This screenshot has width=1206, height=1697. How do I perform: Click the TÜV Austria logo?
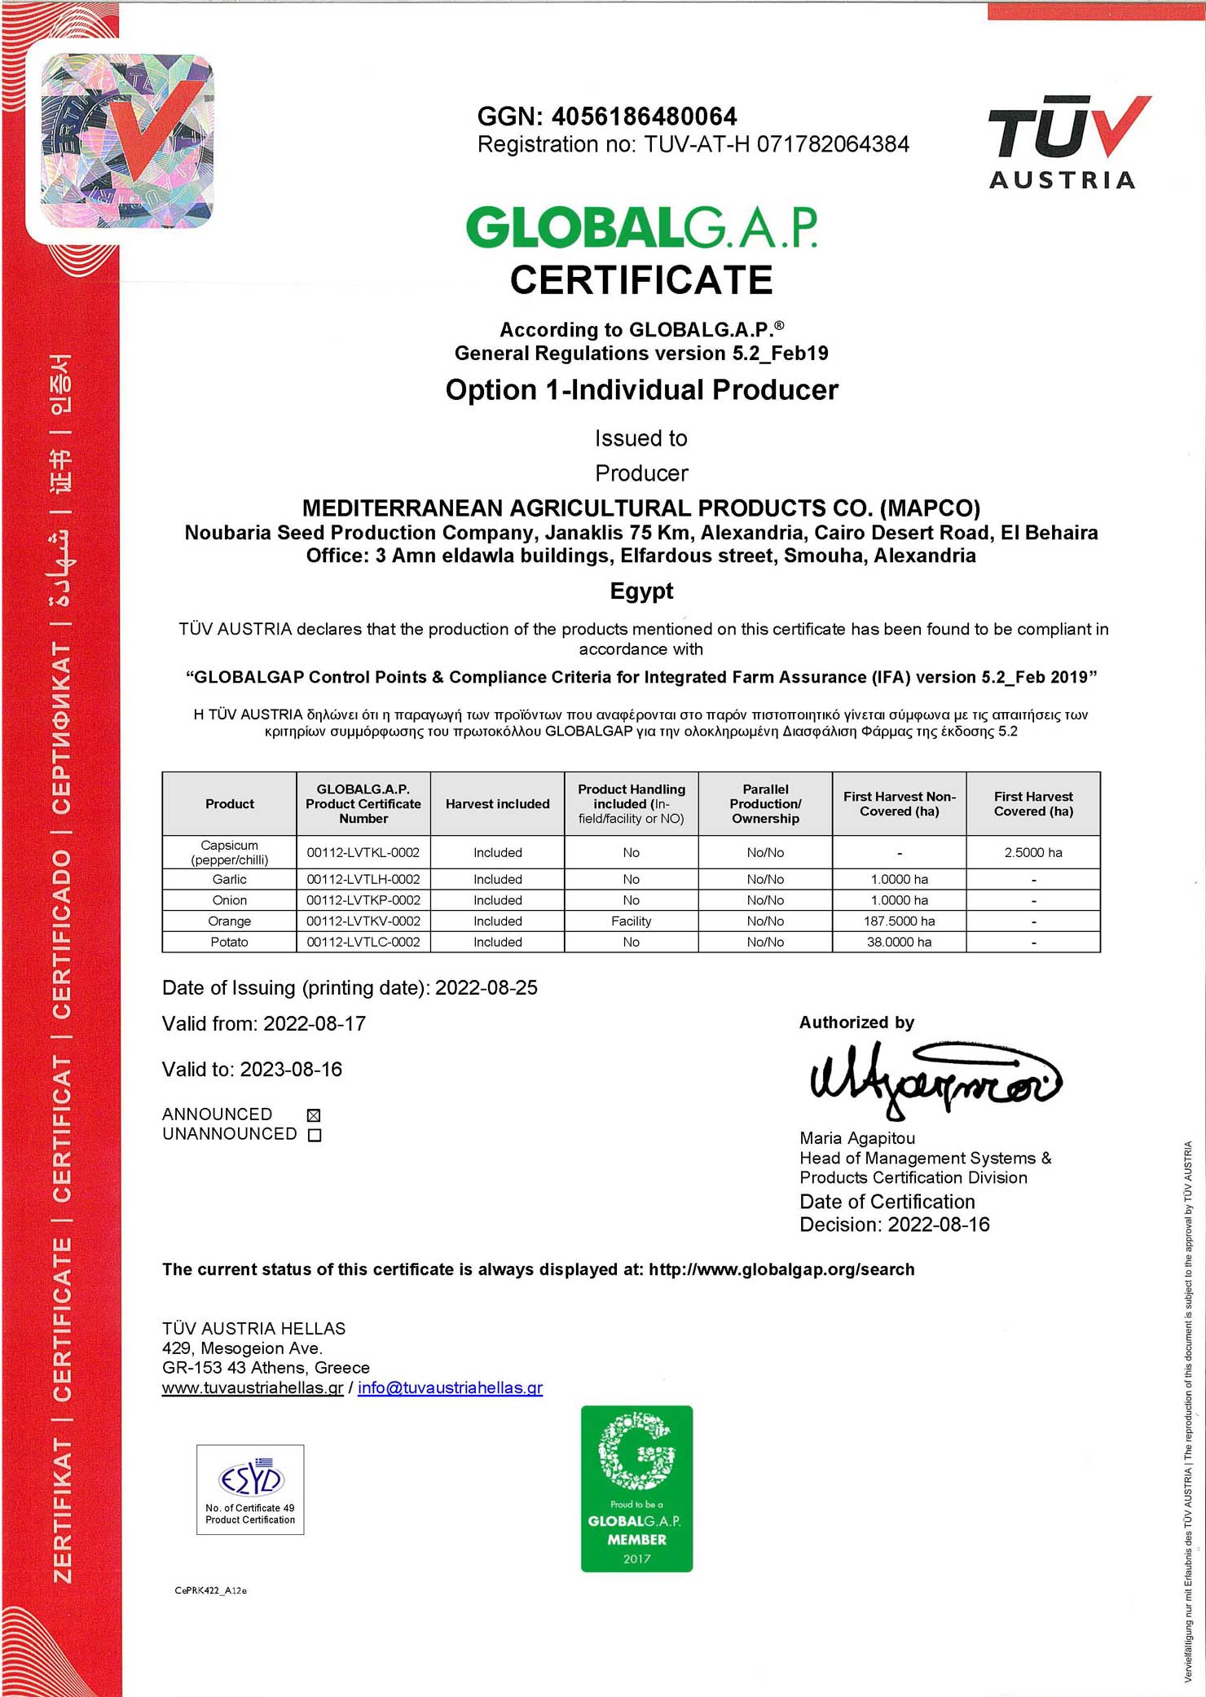pyautogui.click(x=1067, y=143)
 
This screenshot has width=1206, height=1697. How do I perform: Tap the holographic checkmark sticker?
pyautogui.click(x=127, y=141)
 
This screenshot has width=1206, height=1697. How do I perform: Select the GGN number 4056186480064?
pyautogui.click(x=644, y=117)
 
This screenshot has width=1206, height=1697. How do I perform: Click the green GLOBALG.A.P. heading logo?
pyautogui.click(x=641, y=227)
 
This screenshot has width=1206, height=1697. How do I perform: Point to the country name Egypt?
pyautogui.click(x=641, y=591)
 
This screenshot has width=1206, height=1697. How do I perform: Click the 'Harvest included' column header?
pyautogui.click(x=497, y=804)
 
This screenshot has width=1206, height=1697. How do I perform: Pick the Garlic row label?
pyautogui.click(x=229, y=880)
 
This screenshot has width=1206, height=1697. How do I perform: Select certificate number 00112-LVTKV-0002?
pyautogui.click(x=363, y=921)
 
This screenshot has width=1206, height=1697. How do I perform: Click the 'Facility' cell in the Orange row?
pyautogui.click(x=631, y=921)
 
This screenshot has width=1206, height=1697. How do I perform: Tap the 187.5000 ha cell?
pyautogui.click(x=899, y=921)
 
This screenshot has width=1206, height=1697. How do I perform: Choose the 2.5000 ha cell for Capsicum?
pyautogui.click(x=1033, y=853)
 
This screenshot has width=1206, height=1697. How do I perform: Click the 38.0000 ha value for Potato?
pyautogui.click(x=899, y=943)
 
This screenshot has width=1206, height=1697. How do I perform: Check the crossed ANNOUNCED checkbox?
pyautogui.click(x=314, y=1115)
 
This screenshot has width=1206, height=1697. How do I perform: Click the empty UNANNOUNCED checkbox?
pyautogui.click(x=315, y=1136)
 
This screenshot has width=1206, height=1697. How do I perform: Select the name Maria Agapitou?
pyautogui.click(x=857, y=1138)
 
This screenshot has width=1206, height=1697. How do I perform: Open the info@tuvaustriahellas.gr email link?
pyautogui.click(x=450, y=1387)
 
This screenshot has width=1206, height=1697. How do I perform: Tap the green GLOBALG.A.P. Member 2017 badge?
pyautogui.click(x=636, y=1489)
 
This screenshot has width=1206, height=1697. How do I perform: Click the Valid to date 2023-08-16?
pyautogui.click(x=291, y=1070)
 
